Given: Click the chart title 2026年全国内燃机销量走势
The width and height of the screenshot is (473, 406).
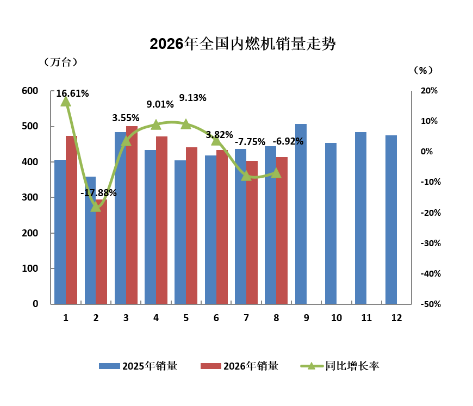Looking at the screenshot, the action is pos(242,44).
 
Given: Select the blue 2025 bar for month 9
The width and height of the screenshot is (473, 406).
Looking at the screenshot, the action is pos(301,214).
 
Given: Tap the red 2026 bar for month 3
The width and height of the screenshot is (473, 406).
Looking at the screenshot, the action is pos(132,215).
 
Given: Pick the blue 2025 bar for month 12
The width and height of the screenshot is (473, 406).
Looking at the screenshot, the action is pos(391,220).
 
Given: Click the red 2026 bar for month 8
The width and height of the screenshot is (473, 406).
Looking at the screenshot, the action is pos(282,230).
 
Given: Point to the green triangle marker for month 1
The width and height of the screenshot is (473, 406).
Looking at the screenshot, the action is pos(66,102).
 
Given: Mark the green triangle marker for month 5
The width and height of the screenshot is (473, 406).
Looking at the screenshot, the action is pos(186,124).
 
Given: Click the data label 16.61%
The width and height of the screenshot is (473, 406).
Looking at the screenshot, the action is pos(72,93).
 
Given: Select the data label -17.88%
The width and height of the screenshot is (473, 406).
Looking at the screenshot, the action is pos(98,193).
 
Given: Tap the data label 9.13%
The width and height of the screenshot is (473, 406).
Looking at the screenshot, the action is pos(193,98).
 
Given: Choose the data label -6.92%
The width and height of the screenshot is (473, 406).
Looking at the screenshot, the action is pos(288,141).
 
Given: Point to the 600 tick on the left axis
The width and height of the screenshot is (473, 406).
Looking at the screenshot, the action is pos(30,91).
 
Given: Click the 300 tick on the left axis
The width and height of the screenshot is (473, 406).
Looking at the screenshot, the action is pos(30,197).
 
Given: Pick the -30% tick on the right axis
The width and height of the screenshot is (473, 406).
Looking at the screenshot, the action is pos(431,243).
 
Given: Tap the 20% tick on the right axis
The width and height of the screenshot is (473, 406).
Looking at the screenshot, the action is pos(430,90).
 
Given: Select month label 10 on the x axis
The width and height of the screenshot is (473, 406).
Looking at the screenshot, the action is pos(337,318).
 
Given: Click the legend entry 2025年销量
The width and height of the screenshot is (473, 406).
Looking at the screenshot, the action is pos(138,366).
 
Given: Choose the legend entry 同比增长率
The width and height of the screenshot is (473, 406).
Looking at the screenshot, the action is pos(340,366).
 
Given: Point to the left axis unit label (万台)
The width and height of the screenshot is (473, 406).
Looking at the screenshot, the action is pos(61,62).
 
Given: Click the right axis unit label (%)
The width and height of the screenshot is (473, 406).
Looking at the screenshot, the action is pos(423,70).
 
